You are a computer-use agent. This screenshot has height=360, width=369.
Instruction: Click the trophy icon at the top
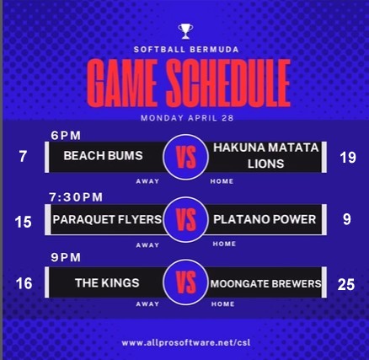click(185, 31)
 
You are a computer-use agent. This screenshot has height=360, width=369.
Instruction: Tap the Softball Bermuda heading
click(186, 50)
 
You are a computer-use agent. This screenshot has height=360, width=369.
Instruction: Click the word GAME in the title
click(122, 83)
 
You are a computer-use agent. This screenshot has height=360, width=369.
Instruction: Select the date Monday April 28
click(187, 118)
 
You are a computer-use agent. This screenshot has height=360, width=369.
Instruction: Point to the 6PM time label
click(66, 136)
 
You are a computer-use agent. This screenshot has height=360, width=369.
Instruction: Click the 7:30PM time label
click(76, 197)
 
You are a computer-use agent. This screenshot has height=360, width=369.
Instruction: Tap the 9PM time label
click(66, 258)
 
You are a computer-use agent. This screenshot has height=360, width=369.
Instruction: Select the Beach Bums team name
click(103, 156)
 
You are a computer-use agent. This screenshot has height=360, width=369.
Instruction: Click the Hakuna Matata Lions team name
click(265, 156)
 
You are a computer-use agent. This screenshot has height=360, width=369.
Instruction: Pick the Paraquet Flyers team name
click(107, 219)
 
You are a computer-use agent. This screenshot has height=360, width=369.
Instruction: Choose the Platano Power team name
click(265, 219)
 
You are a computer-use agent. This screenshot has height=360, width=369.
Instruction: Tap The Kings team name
click(107, 283)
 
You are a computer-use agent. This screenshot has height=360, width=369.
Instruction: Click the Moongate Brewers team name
click(265, 283)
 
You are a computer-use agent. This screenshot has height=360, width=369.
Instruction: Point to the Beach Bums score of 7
click(23, 157)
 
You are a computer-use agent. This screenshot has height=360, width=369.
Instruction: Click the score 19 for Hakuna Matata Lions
click(348, 158)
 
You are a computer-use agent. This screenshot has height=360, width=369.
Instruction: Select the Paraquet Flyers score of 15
click(23, 222)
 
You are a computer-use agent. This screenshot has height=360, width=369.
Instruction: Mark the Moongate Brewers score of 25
click(346, 285)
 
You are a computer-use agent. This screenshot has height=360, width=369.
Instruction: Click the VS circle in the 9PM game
click(185, 282)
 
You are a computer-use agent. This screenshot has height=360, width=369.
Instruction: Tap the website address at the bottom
click(185, 343)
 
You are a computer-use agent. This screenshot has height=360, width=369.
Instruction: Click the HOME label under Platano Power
click(224, 244)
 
